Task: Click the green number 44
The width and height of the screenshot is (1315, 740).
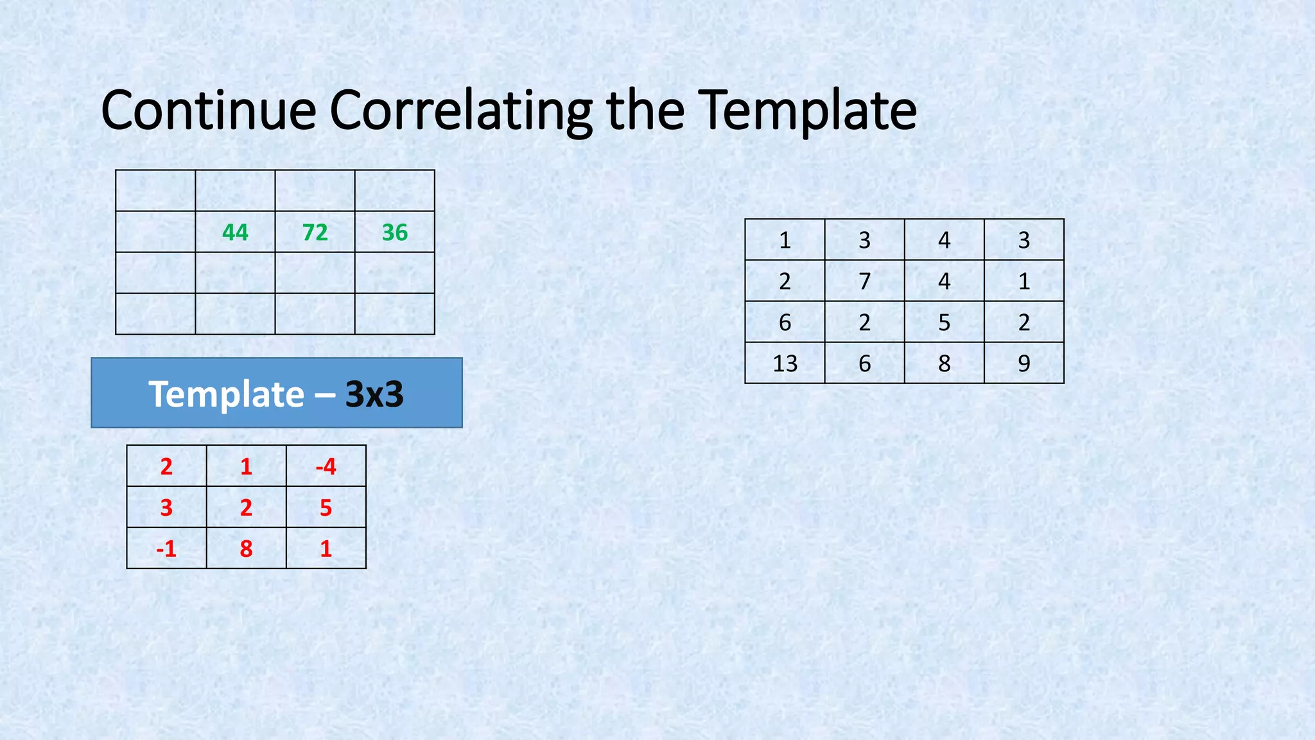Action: click(235, 232)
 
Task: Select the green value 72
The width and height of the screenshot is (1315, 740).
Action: click(315, 232)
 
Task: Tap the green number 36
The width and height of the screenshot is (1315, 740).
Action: click(394, 232)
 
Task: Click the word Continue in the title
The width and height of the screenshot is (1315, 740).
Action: click(209, 110)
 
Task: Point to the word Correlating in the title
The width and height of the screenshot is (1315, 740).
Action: click(460, 110)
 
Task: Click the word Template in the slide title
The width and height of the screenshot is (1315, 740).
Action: click(807, 110)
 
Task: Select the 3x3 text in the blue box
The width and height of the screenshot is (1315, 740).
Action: click(374, 394)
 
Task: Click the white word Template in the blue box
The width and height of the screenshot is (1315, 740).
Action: click(226, 394)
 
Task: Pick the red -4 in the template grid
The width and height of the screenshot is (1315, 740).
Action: click(326, 466)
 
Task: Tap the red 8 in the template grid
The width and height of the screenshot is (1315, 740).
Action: click(246, 549)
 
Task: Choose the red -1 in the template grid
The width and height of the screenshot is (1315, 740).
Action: click(166, 549)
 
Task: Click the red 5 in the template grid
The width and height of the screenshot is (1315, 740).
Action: click(326, 507)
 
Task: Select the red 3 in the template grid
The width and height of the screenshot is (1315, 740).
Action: click(166, 507)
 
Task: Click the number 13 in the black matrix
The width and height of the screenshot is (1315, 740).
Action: click(785, 364)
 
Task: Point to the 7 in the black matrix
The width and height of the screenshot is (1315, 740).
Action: click(864, 281)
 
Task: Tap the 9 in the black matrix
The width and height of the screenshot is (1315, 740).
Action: click(1023, 364)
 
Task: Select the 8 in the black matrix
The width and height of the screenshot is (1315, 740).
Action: click(944, 364)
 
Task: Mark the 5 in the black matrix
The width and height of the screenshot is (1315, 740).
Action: click(944, 322)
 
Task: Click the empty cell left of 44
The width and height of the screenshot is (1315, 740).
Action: click(155, 232)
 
